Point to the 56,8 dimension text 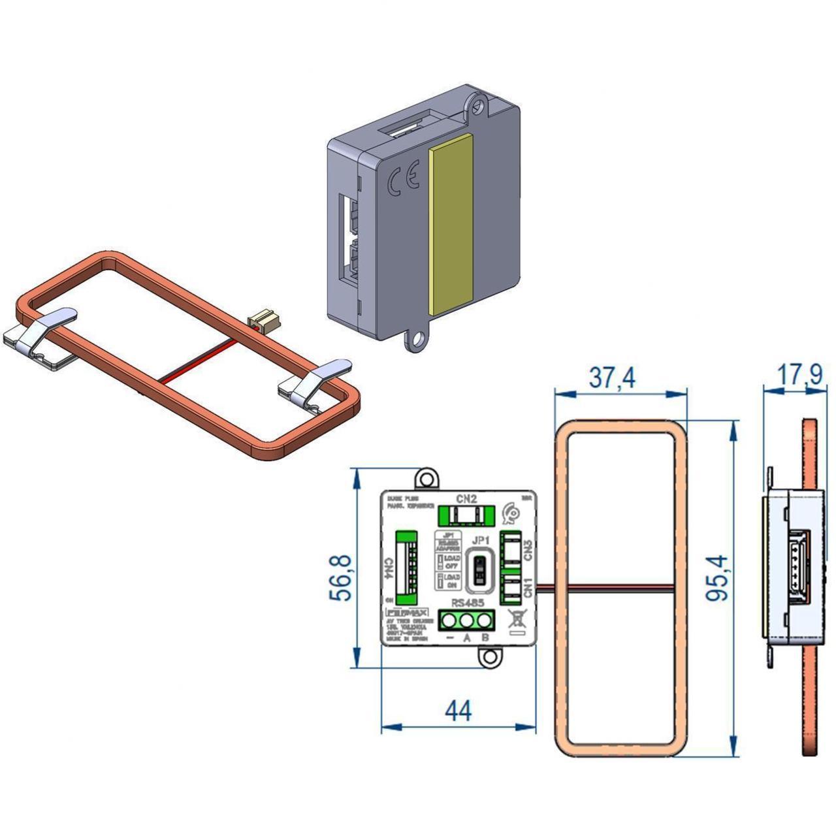coord(342,577)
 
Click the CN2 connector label coord(466,499)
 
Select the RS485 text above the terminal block coord(467,603)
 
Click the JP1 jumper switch coord(481,569)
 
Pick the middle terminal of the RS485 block coord(466,619)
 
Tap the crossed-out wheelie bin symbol coord(516,618)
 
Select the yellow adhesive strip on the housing coord(451,222)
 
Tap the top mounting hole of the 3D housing coord(480,104)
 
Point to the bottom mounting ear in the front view coord(489,657)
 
